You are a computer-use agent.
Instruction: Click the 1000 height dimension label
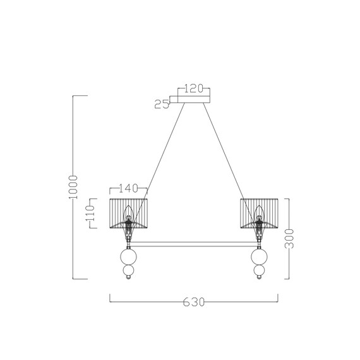(x=73, y=187)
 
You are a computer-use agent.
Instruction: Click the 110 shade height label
(x=90, y=214)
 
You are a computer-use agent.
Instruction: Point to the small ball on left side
(x=129, y=273)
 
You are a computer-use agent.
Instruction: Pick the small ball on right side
(x=259, y=273)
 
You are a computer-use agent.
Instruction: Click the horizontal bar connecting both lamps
(x=194, y=243)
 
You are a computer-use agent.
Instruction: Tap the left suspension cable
(x=158, y=158)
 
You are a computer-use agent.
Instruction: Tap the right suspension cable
(x=231, y=158)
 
